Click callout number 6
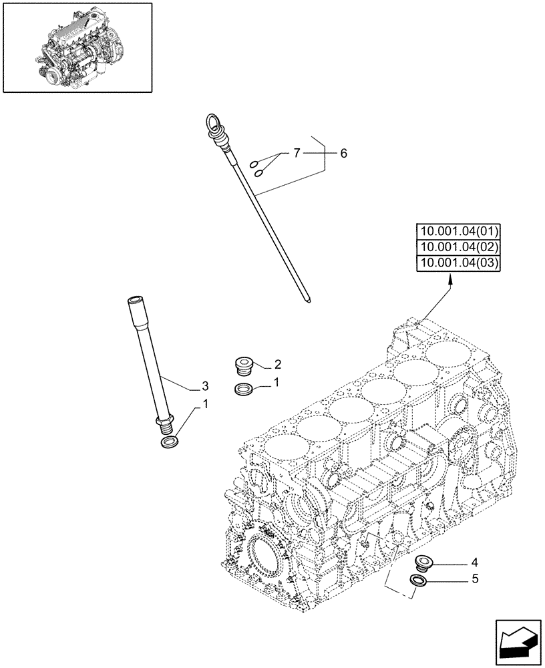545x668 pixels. (343, 154)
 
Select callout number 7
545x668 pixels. (295, 154)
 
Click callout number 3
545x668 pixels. (205, 386)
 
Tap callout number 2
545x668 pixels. (277, 365)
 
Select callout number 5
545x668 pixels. (475, 579)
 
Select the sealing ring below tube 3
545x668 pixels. (170, 442)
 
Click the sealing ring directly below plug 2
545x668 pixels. (244, 389)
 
